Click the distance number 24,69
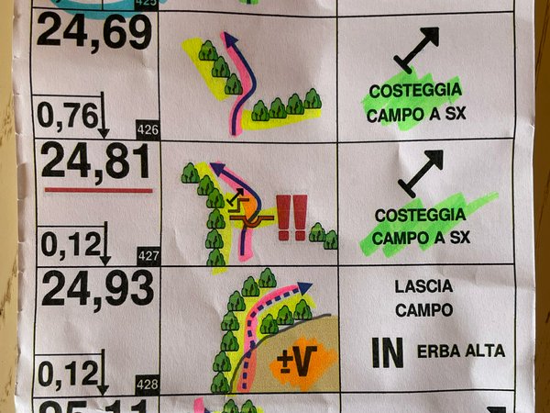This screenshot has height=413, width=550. click(x=94, y=33)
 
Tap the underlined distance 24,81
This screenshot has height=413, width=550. click(x=96, y=162)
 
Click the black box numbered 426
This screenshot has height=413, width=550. click(x=147, y=128)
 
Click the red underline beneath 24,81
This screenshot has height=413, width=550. click(x=98, y=190)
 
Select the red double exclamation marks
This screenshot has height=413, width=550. click(x=291, y=218)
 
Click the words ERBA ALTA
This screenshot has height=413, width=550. click(x=460, y=351)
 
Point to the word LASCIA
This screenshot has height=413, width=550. click(x=423, y=286)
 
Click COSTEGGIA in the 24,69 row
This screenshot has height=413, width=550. click(x=412, y=93)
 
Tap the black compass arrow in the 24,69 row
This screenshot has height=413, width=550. click(x=418, y=50)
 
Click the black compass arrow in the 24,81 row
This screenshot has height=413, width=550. click(x=421, y=173)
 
